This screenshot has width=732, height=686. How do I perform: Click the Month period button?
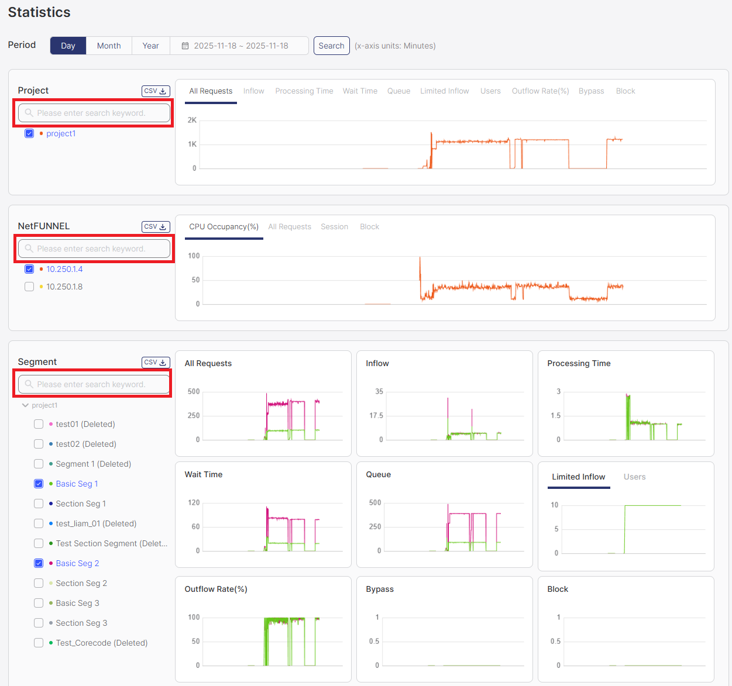pyautogui.click(x=109, y=46)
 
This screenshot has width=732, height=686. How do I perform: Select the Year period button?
pyautogui.click(x=150, y=46)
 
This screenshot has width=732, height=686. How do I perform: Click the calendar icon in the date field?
pyautogui.click(x=185, y=46)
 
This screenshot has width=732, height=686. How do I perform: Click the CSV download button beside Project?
pyautogui.click(x=156, y=91)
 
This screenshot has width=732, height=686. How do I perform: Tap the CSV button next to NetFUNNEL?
pyautogui.click(x=156, y=227)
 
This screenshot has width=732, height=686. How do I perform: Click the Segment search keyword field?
pyautogui.click(x=94, y=384)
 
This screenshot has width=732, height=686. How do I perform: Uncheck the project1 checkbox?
pyautogui.click(x=29, y=133)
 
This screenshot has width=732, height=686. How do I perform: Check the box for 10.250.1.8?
pyautogui.click(x=29, y=287)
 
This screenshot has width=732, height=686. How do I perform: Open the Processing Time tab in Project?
pyautogui.click(x=304, y=91)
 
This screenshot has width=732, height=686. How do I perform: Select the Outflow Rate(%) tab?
pyautogui.click(x=540, y=91)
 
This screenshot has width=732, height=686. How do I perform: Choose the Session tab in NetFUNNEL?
pyautogui.click(x=334, y=227)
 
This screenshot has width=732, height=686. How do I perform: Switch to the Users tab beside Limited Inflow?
pyautogui.click(x=634, y=477)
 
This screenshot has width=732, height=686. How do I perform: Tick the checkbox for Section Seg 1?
pyautogui.click(x=39, y=504)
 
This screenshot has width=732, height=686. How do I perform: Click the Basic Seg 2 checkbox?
pyautogui.click(x=39, y=563)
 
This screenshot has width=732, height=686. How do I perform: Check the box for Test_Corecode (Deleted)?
pyautogui.click(x=39, y=643)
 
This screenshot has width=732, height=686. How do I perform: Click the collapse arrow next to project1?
pyautogui.click(x=25, y=405)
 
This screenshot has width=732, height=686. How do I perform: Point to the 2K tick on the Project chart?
pyautogui.click(x=192, y=120)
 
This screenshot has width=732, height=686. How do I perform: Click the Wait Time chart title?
pyautogui.click(x=204, y=474)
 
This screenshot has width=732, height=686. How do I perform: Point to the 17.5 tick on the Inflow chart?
pyautogui.click(x=376, y=416)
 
